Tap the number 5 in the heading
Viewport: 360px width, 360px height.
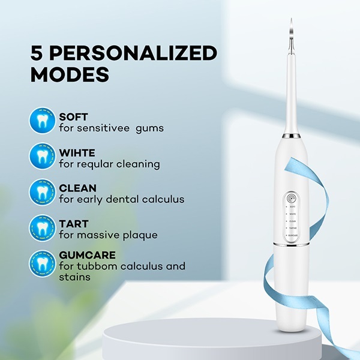37,53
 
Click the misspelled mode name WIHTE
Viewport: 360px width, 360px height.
77,152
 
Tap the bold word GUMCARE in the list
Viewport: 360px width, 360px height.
87,255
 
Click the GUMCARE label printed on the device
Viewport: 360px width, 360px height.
292,236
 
